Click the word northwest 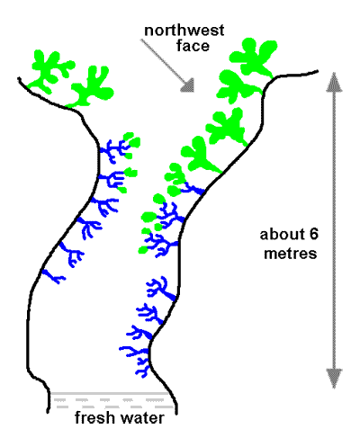click(184, 31)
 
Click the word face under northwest click(193, 46)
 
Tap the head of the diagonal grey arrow click(189, 85)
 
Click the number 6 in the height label click(313, 235)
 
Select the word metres click(291, 254)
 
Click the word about click(282, 235)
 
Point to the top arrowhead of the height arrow click(334, 82)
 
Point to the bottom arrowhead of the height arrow click(334, 379)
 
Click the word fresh click(94, 417)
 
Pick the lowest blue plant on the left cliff click(54, 276)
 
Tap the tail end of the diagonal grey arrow click(141, 40)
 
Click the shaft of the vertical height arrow click(334, 230)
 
